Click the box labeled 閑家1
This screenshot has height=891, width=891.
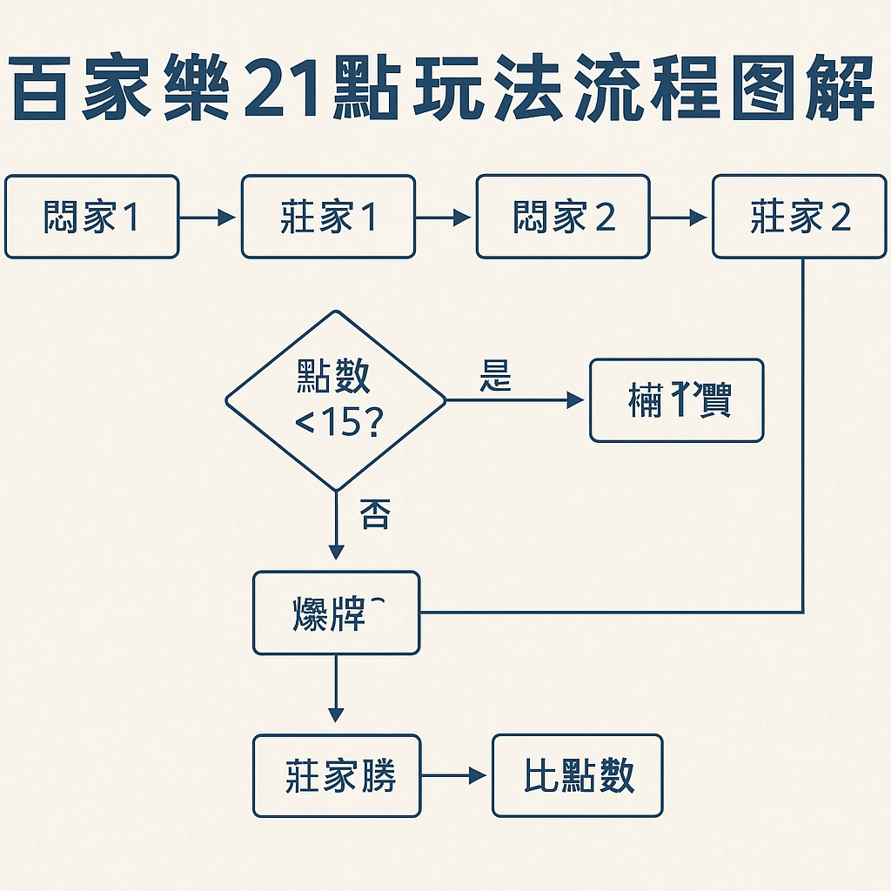(91, 217)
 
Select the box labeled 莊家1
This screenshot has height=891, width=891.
(328, 217)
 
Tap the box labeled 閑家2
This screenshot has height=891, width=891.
(563, 217)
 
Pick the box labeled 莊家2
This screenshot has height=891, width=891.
(800, 217)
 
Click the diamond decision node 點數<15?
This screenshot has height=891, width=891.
(336, 401)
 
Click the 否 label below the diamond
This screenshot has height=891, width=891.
(374, 515)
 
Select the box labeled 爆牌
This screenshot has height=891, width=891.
(336, 613)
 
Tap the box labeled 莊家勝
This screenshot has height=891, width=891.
(337, 775)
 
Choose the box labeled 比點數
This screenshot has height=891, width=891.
(578, 775)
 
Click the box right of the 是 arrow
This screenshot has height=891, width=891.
(677, 400)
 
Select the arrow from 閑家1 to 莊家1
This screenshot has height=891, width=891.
(209, 218)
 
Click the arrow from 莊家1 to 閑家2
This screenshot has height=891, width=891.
(445, 218)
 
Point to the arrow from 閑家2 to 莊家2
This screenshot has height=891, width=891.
(680, 218)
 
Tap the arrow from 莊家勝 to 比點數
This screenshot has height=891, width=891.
(455, 775)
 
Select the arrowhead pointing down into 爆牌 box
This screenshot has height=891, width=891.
(336, 552)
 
